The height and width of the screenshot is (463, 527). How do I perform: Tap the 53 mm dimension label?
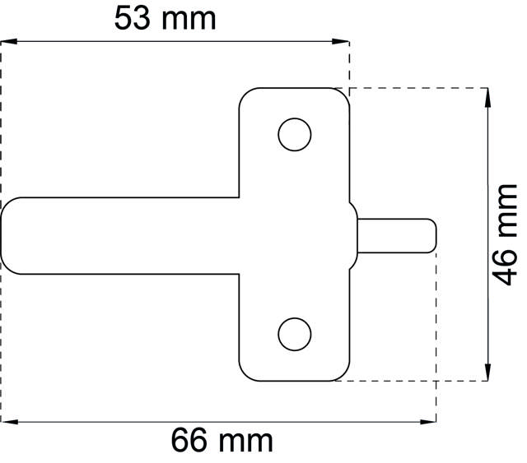tap(165, 18)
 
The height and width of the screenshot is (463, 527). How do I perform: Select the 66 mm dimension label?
tap(222, 441)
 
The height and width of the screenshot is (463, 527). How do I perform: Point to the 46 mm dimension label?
tap(504, 234)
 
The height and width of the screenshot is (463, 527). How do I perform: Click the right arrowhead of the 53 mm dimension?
tap(343, 40)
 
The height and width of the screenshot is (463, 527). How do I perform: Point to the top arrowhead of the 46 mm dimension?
tap(488, 95)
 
